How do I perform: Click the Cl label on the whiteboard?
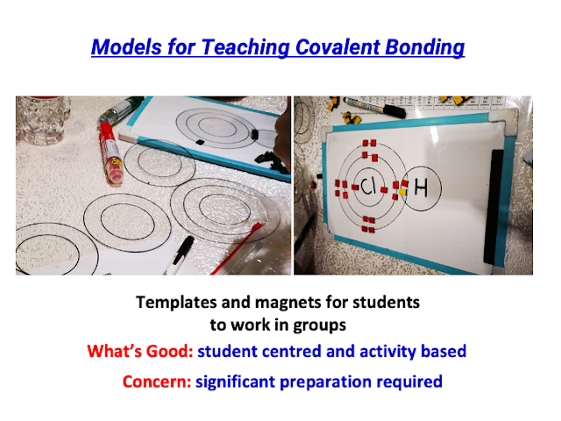point(367,186)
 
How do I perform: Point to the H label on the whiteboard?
point(421,188)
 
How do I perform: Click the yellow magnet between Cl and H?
point(403,192)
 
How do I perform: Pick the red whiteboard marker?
point(111,153)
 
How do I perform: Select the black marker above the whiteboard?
point(374,107)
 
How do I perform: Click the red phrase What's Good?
point(140,351)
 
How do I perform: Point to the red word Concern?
point(158,382)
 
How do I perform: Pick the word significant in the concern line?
point(236,382)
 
